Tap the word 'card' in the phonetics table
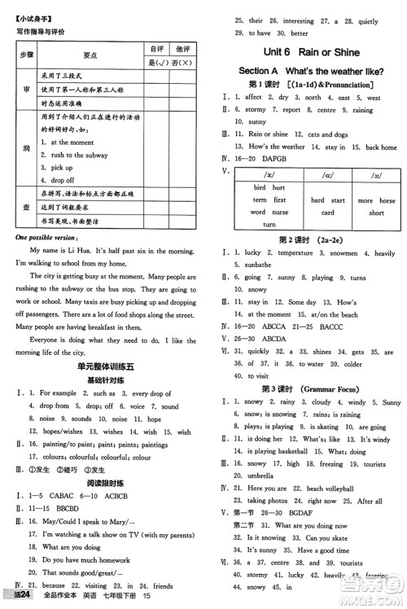pos(327,212)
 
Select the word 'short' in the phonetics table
pos(376,212)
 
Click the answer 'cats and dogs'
pos(330,134)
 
